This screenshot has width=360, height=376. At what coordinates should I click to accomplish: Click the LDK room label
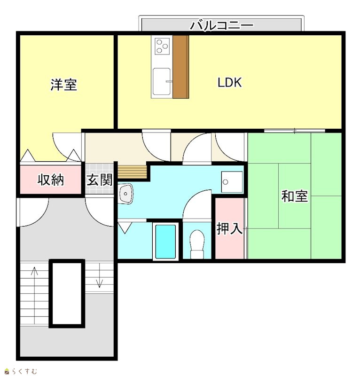pyautogui.click(x=229, y=83)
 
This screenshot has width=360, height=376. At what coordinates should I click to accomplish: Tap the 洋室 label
pyautogui.click(x=63, y=85)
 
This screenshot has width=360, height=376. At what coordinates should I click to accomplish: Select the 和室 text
pyautogui.click(x=295, y=196)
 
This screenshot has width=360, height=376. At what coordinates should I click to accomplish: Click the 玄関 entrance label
pyautogui.click(x=100, y=180)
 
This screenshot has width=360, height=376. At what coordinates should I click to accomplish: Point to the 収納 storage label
pyautogui.click(x=51, y=180)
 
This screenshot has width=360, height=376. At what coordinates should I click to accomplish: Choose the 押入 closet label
pyautogui.click(x=229, y=228)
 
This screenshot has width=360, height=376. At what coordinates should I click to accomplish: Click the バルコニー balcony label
pyautogui.click(x=222, y=25)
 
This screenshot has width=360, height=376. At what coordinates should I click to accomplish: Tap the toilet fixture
pyautogui.click(x=197, y=244)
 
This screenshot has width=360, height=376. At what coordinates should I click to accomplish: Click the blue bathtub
pyautogui.click(x=166, y=242)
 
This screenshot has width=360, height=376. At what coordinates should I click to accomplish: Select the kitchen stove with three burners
pyautogui.click(x=162, y=46)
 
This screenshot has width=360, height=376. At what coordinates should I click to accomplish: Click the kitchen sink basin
pyautogui.click(x=162, y=81)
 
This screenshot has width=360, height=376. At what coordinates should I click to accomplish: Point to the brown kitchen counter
pyautogui.click(x=180, y=67)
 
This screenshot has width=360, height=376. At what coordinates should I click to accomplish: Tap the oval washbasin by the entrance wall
pyautogui.click(x=125, y=194)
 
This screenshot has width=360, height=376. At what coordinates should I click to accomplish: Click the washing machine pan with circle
pyautogui.click(x=232, y=182)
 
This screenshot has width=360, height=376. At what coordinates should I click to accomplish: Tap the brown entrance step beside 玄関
pyautogui.click(x=132, y=172)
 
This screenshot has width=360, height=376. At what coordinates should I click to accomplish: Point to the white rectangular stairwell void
pyautogui.click(x=67, y=293)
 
